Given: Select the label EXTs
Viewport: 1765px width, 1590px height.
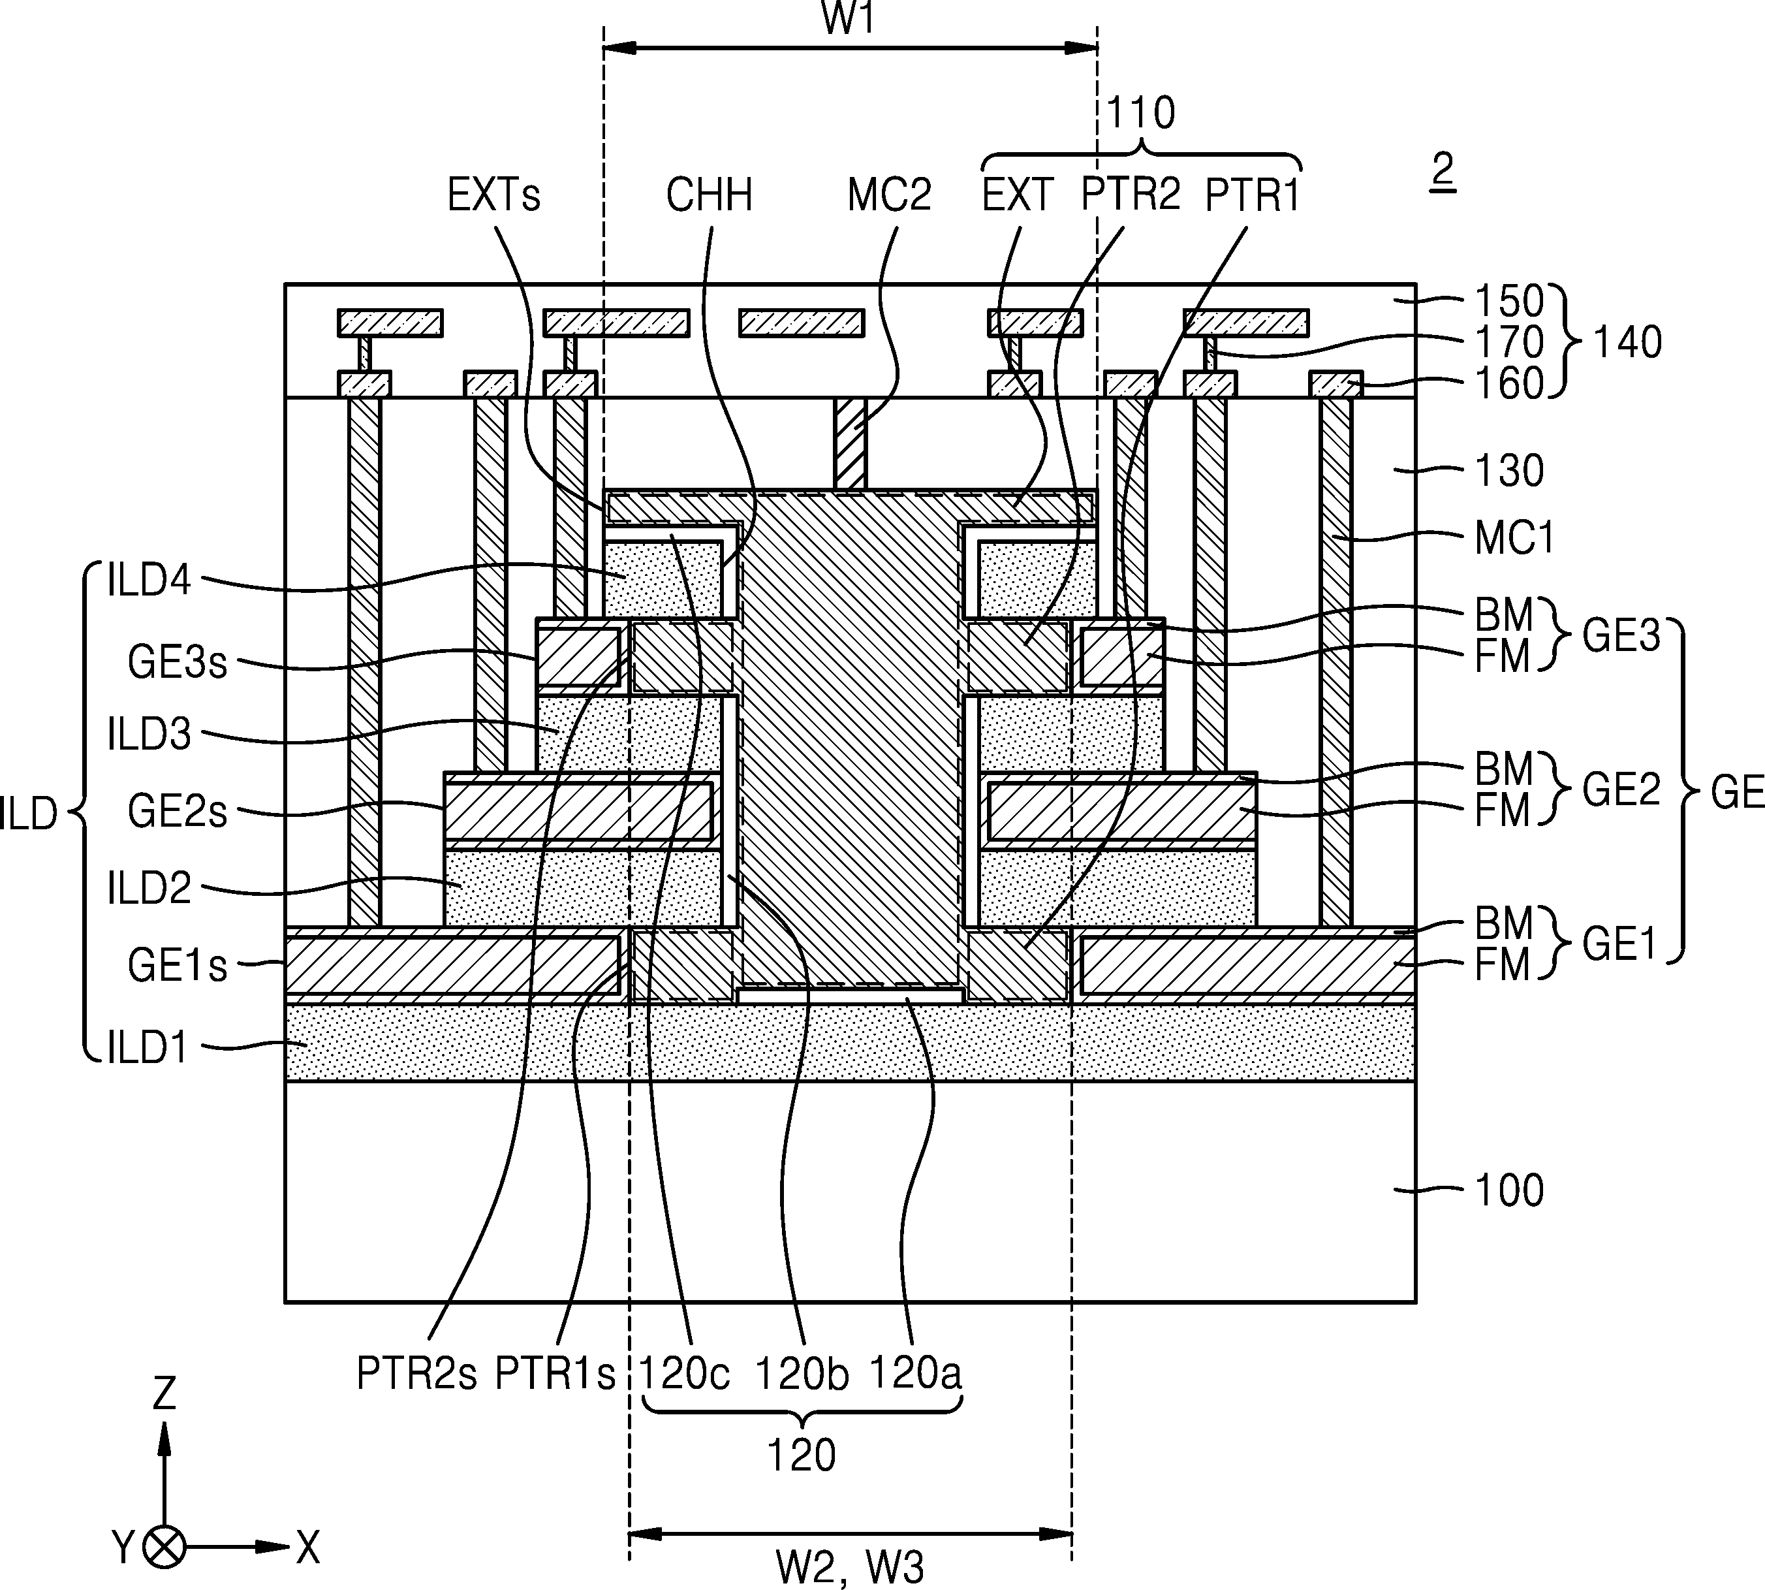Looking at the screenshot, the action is pyautogui.click(x=493, y=195).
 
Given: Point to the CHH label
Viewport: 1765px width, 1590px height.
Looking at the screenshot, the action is pyautogui.click(x=709, y=195).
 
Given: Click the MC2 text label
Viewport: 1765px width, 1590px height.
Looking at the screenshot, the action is pyautogui.click(x=889, y=195).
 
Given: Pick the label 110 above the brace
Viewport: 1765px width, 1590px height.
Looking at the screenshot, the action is pyautogui.click(x=1140, y=113).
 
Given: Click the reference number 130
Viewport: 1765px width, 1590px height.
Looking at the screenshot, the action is pyautogui.click(x=1509, y=471).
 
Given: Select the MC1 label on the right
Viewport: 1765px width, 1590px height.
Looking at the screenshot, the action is pyautogui.click(x=1515, y=537).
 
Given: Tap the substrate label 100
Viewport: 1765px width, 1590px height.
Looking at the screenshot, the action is pyautogui.click(x=1509, y=1190).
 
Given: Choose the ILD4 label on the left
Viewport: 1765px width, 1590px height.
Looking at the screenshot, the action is pyautogui.click(x=148, y=582).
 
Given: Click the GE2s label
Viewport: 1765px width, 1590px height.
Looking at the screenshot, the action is pyautogui.click(x=178, y=812).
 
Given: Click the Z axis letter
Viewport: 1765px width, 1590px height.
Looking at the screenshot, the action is pyautogui.click(x=164, y=1393).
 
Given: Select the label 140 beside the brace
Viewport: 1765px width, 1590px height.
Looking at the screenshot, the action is pyautogui.click(x=1628, y=342).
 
